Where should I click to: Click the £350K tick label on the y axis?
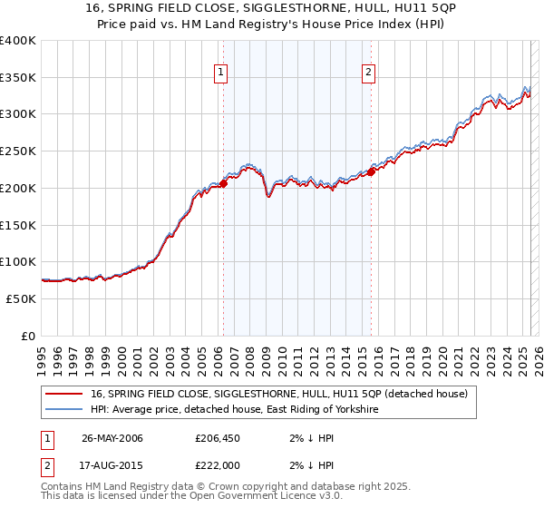18,78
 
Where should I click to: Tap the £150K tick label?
18,225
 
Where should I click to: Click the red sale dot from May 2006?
223,184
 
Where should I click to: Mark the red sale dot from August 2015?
371,172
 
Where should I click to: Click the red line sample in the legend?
64,394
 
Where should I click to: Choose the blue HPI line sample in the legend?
64,410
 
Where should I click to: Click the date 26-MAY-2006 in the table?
112,438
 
